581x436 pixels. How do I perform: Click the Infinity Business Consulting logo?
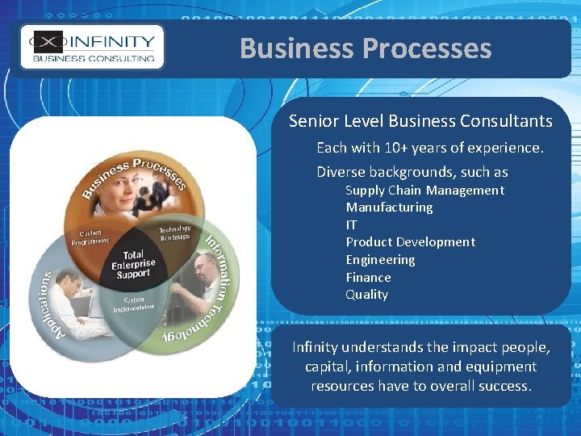(92, 48)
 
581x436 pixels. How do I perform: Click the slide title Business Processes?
(365, 48)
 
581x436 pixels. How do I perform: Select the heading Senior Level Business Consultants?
(420, 121)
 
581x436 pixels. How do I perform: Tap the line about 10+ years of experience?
(430, 148)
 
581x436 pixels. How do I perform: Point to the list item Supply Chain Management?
(424, 191)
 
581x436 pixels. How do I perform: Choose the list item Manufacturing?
(389, 208)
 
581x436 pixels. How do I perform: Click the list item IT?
(352, 224)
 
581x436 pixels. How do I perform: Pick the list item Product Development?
(410, 242)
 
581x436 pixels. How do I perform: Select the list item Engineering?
(380, 259)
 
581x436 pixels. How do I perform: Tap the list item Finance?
(368, 277)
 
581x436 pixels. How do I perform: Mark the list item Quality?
(366, 295)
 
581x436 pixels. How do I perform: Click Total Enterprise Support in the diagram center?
(133, 264)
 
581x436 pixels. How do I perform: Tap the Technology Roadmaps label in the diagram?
(174, 233)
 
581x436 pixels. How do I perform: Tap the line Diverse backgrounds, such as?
(412, 172)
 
